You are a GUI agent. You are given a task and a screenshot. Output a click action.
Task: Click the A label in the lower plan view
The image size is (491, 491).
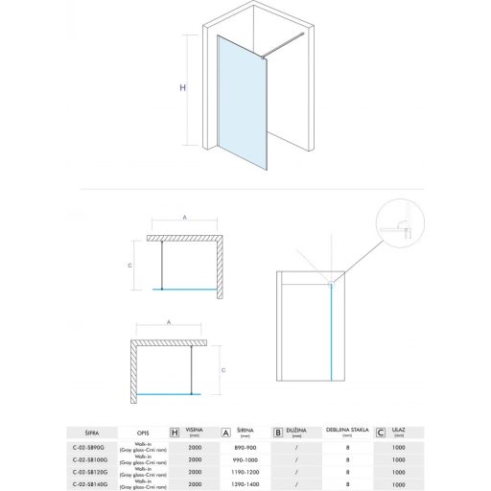tap(169, 324)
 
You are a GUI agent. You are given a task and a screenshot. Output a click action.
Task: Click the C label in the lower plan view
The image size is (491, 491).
tap(222, 368)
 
